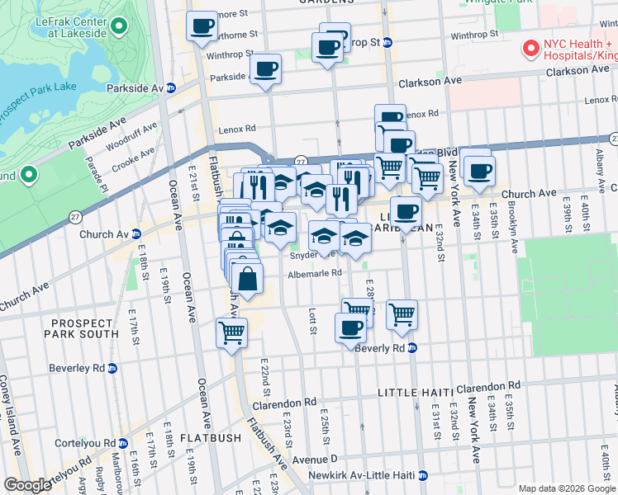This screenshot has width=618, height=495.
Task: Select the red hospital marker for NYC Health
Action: tap(530, 49)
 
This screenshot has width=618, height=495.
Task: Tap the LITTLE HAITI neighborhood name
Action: tap(411, 390)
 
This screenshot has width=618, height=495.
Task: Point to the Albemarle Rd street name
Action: tap(314, 273)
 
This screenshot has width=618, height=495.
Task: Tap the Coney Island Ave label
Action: tap(15, 421)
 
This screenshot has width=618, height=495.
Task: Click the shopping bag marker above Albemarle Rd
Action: tap(247, 280)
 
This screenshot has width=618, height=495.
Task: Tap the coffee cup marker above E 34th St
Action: tap(478, 171)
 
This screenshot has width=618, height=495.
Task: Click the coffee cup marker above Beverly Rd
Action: tap(350, 327)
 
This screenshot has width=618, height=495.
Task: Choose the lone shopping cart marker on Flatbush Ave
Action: tap(231, 332)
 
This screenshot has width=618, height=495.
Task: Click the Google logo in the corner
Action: tap(27, 485)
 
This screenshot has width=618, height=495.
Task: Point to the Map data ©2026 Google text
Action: tap(566, 488)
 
